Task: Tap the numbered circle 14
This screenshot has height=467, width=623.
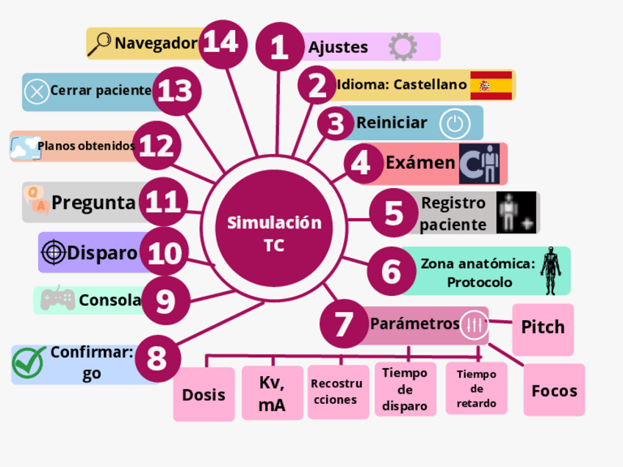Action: coord(221,42)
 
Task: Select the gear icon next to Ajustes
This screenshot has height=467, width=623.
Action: coord(402,47)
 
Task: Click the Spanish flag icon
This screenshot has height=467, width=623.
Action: coord(491,85)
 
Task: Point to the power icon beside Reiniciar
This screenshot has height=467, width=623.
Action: coord(455,123)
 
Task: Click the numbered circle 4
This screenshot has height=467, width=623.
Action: coord(361,162)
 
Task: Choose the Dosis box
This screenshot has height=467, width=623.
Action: coord(204,394)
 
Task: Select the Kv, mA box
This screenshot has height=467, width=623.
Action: coord(272,394)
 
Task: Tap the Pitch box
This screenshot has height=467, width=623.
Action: coord(543,327)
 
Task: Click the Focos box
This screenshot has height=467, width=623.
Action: coord(554,390)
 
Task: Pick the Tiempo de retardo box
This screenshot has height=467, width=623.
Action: coord(476,389)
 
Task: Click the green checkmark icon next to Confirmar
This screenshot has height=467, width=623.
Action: coord(29,361)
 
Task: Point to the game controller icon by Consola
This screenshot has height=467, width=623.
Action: coord(57,299)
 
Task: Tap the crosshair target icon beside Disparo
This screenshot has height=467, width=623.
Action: coord(53,253)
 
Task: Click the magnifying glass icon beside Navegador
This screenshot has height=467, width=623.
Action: coord(99,44)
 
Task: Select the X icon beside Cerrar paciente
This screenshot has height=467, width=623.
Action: coord(35,92)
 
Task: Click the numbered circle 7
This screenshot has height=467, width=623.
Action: coord(345,324)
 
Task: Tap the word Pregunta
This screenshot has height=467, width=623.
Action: coord(93,203)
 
